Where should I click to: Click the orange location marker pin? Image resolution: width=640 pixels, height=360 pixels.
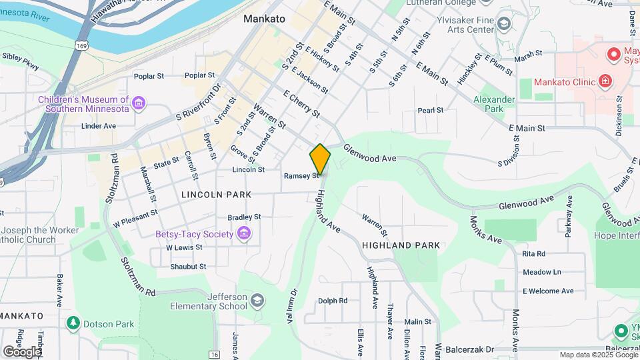coord(320,159)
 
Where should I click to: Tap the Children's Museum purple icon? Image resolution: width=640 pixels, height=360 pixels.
coord(139,103)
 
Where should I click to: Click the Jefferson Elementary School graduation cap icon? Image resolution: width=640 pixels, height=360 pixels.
coord(257,301)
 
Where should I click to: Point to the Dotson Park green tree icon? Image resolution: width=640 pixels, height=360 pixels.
coord(73,324)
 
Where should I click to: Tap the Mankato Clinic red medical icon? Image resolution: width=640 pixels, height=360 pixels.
coord(605,82)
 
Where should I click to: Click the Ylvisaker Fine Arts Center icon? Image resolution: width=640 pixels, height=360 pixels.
coord(504,25)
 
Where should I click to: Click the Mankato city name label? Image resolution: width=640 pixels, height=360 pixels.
coord(264,19)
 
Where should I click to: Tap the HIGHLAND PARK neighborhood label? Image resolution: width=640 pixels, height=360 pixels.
coord(401,245)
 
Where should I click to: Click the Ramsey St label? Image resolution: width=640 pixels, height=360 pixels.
coord(297,176)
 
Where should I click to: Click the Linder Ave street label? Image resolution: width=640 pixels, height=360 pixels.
coord(98,125)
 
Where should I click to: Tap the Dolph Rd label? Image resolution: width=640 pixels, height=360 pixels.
coord(333,301)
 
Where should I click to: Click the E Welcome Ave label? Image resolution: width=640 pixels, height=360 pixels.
coord(548,291)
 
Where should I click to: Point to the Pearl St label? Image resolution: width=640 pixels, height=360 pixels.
coord(431,110)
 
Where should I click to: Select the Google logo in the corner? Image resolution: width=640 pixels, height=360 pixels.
coord(22,351)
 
